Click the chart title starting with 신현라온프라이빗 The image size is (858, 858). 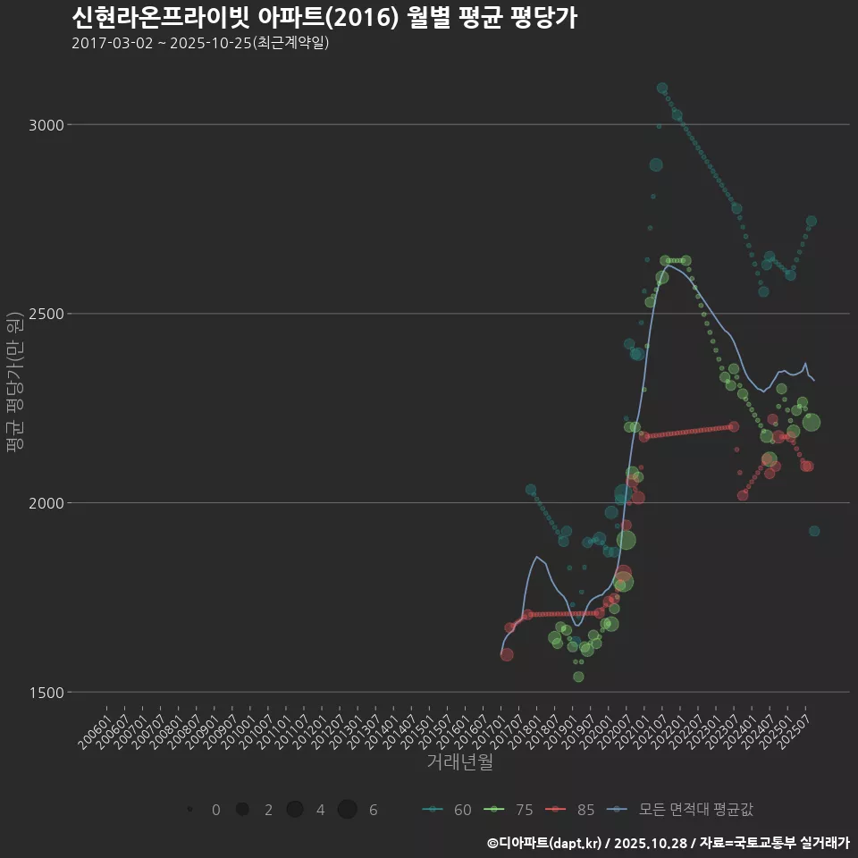(324, 18)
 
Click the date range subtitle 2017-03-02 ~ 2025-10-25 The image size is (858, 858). (200, 43)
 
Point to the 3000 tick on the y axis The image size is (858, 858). (46, 124)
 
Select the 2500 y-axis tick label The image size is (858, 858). (46, 314)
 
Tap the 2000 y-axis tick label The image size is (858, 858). (46, 502)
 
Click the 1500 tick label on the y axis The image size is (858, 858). (46, 692)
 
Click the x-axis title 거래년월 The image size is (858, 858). (459, 762)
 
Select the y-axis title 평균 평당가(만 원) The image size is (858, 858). (14, 384)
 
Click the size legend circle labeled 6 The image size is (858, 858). (348, 810)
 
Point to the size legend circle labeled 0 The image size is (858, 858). (190, 810)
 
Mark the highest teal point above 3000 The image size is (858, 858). (662, 88)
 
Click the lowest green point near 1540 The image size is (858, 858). (578, 677)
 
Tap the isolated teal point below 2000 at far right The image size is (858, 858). (814, 531)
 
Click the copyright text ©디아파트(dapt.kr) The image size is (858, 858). (545, 843)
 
